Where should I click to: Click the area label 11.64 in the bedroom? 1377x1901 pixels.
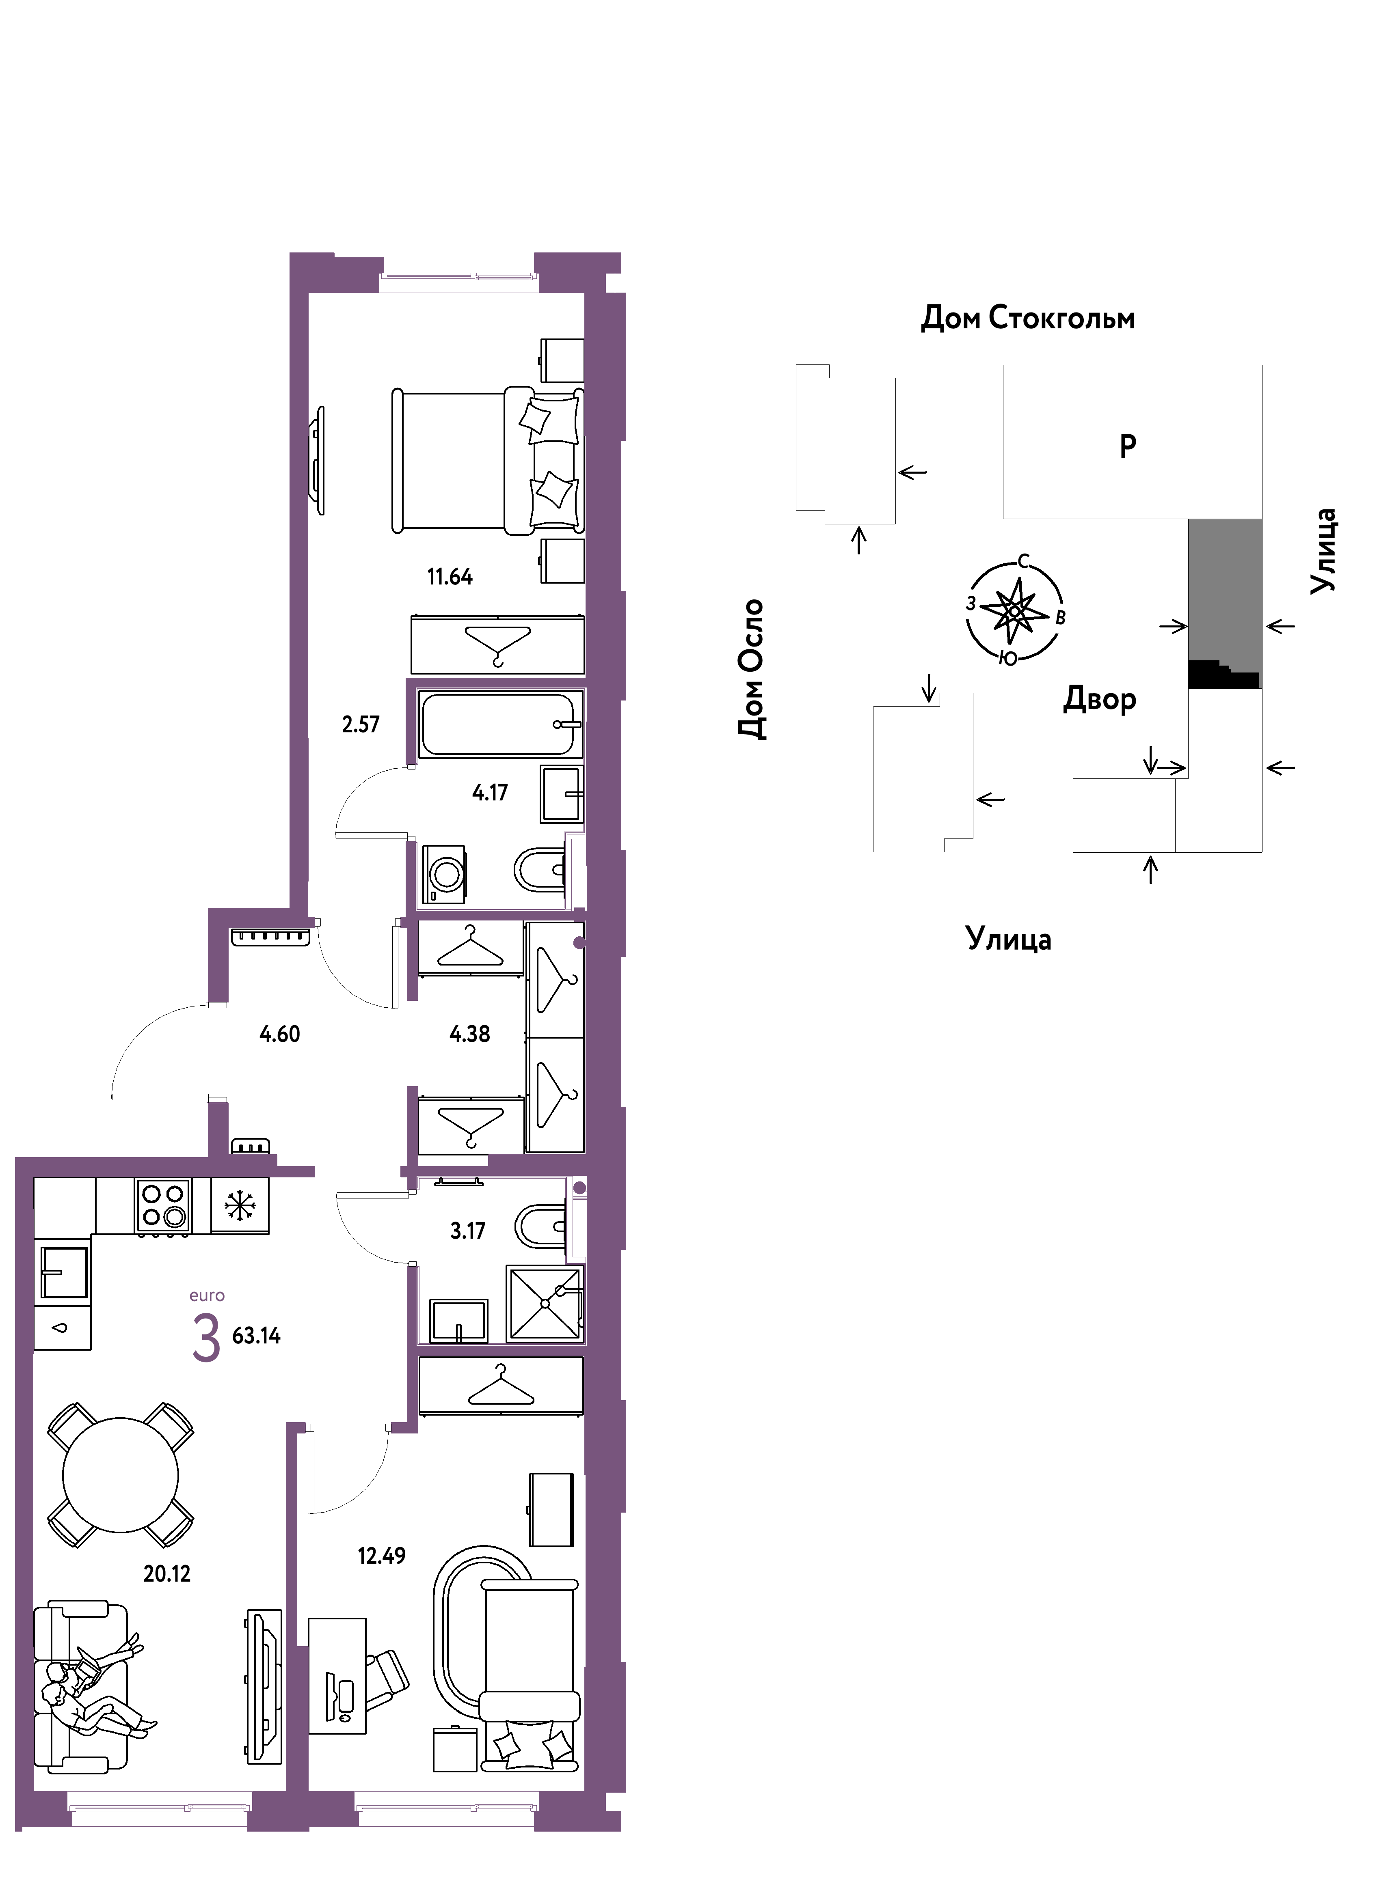450,577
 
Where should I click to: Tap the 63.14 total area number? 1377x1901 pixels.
256,1335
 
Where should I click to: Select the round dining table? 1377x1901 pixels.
121,1475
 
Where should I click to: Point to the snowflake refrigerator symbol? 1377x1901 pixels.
240,1205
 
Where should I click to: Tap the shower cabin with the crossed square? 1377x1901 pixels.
545,1303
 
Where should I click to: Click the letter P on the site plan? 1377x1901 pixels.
1128,446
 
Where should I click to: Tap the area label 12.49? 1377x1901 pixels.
382,1556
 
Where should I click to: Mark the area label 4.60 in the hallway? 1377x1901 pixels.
279,1033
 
